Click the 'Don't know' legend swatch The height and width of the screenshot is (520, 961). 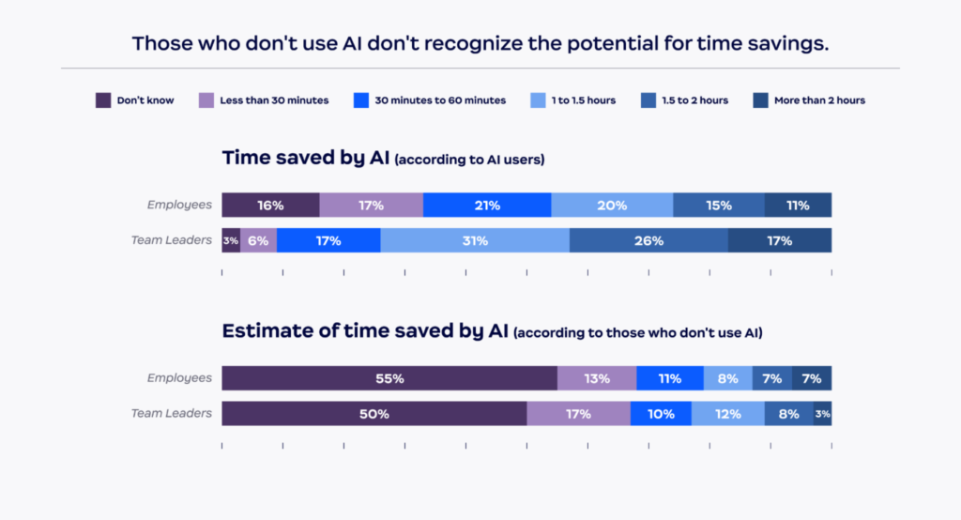(103, 100)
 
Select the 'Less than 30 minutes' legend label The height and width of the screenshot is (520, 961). (274, 100)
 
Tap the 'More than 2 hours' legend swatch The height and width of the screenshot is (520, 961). (760, 100)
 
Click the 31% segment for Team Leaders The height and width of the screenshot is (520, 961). (475, 240)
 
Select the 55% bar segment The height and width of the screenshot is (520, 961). (389, 378)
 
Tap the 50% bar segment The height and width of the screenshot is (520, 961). (374, 414)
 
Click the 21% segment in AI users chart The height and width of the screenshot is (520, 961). (487, 205)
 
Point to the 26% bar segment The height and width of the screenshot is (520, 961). (648, 240)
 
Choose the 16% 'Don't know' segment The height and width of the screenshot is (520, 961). (270, 205)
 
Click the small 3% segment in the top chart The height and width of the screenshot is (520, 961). (231, 240)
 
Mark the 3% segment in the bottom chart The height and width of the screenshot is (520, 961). (822, 414)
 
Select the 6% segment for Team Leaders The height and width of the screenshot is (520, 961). (258, 240)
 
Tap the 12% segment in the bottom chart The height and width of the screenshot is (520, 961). (728, 414)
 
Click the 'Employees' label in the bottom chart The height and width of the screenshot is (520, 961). (179, 378)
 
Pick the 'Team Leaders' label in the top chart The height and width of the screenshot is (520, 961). (172, 240)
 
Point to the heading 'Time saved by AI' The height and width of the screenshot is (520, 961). (305, 158)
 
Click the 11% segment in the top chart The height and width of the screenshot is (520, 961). (798, 205)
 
